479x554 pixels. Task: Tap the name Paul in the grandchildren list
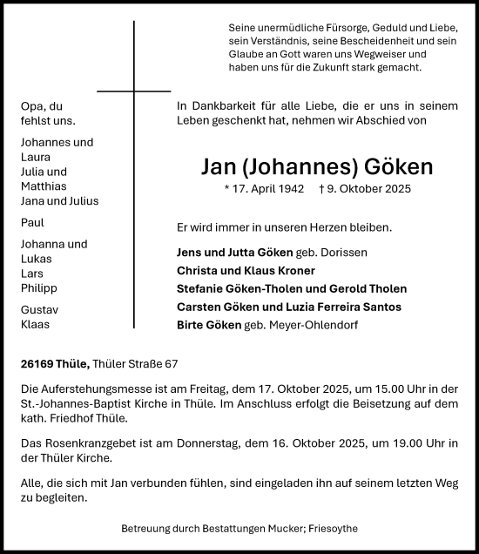coord(32,223)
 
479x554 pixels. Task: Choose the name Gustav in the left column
coord(39,309)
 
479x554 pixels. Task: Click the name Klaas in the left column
coord(36,324)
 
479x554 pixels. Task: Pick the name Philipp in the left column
coord(39,287)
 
